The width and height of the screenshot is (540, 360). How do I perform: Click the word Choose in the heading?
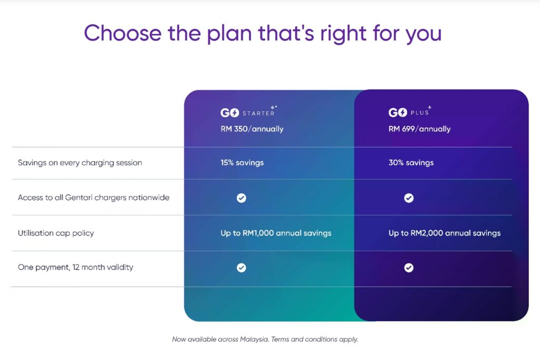click(x=122, y=33)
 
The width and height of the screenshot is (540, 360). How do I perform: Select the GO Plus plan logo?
click(x=410, y=112)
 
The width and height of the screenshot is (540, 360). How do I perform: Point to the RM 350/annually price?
click(x=252, y=129)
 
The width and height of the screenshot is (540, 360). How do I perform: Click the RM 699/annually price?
click(x=419, y=129)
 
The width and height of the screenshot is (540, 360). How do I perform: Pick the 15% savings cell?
click(x=242, y=163)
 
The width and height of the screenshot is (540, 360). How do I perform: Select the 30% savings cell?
click(x=411, y=163)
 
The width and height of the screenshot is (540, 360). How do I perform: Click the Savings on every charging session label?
click(x=80, y=163)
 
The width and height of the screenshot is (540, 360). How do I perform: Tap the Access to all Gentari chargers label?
click(x=94, y=198)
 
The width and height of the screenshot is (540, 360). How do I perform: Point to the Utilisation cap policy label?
click(x=56, y=233)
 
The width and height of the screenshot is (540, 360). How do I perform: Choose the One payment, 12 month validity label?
click(x=75, y=267)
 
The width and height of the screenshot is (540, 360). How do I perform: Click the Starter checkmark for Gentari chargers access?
click(x=242, y=198)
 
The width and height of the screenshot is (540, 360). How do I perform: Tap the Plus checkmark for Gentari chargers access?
click(x=409, y=198)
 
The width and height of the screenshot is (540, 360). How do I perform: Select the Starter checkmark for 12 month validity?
click(x=242, y=268)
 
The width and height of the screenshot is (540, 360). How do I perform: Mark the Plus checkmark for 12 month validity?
click(x=409, y=268)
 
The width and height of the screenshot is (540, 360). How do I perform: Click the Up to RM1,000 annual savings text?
click(x=276, y=233)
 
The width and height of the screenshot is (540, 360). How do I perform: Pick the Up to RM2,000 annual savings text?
click(x=445, y=233)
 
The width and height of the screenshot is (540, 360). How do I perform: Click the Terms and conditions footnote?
click(x=314, y=339)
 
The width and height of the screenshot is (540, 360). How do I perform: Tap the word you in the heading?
click(x=423, y=35)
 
